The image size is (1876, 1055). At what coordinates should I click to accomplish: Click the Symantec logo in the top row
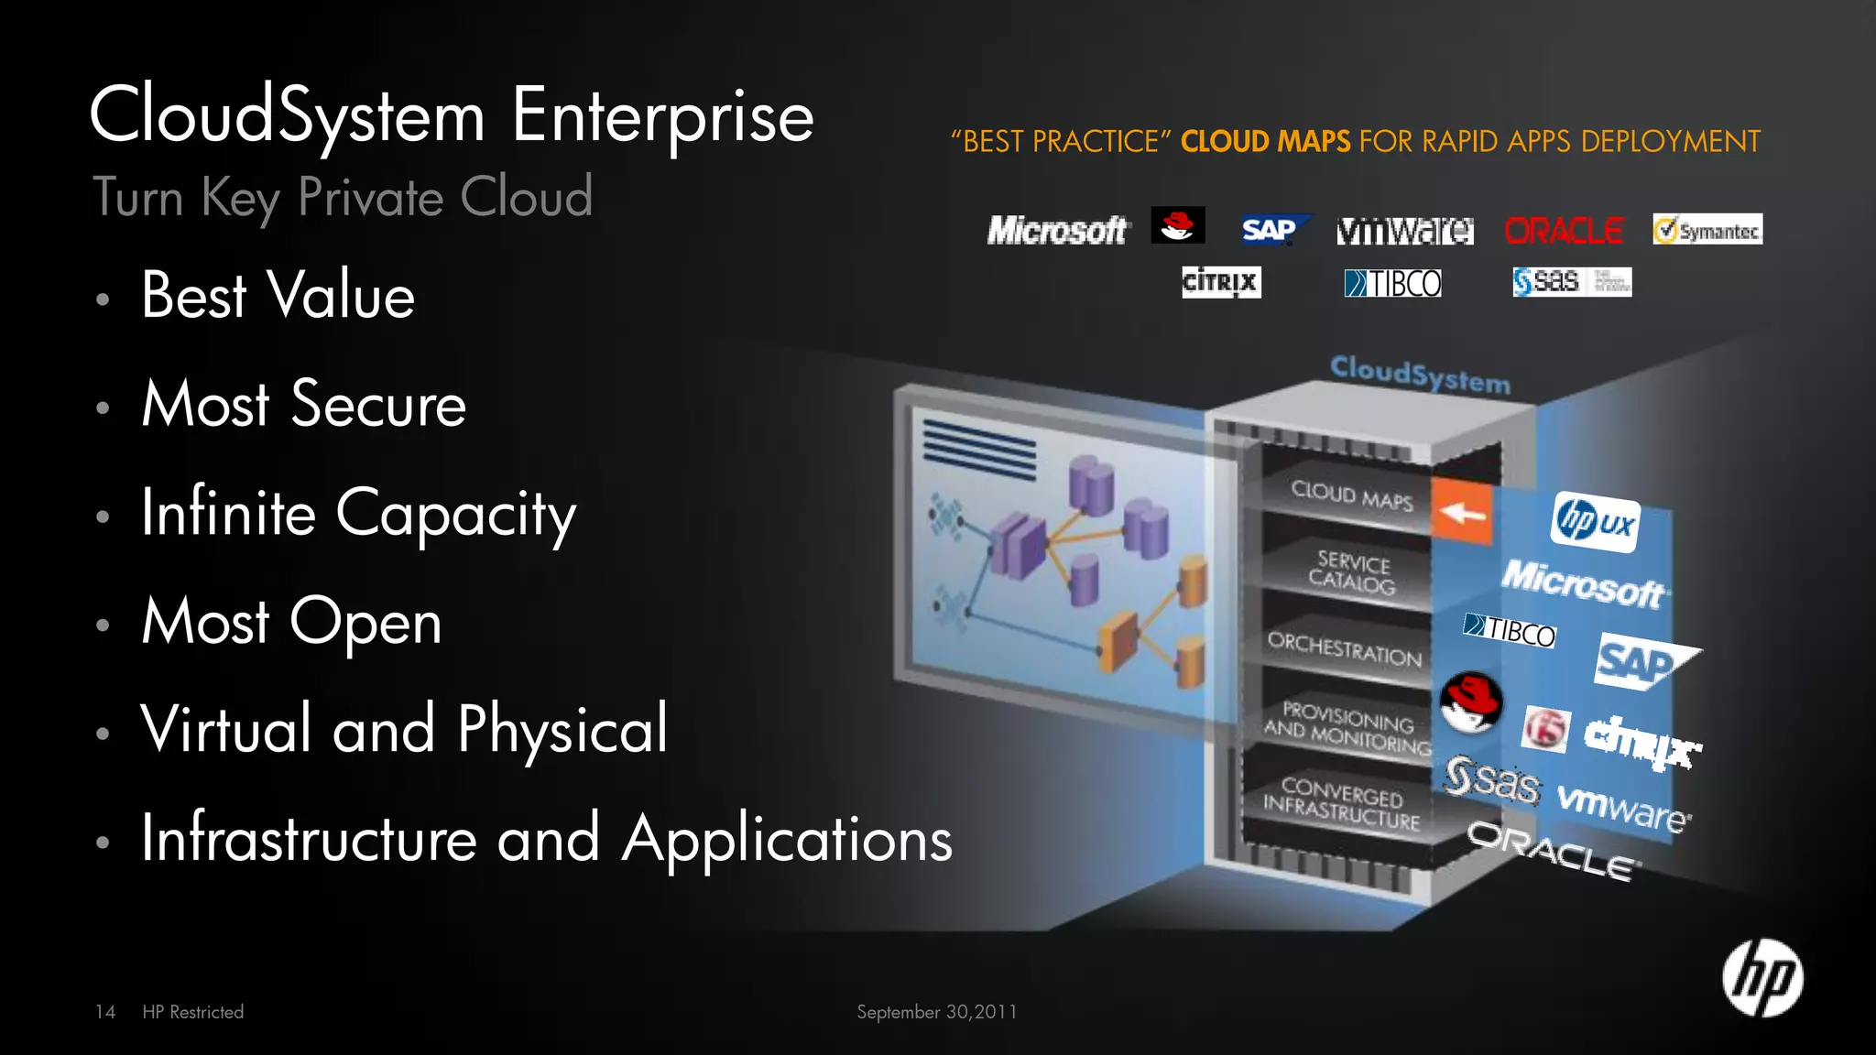point(1707,230)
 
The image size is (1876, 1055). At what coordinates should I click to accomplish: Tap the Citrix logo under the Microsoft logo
point(1221,282)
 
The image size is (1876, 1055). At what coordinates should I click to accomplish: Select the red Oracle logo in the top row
point(1564,231)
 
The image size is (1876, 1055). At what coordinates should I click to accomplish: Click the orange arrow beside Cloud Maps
point(1462,512)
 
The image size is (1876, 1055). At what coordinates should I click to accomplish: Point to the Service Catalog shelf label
point(1352,572)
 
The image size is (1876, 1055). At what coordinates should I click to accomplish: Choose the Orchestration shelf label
point(1344,648)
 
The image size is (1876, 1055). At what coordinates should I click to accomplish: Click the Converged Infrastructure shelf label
point(1342,802)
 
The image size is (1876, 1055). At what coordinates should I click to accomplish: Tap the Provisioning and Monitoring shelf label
point(1347,727)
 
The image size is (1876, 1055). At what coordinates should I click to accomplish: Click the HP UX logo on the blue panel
point(1595,522)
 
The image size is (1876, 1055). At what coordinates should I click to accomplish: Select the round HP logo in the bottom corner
point(1761,978)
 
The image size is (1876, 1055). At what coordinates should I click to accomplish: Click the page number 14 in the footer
point(105,1012)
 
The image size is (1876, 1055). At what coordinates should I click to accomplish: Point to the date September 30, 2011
point(936,1012)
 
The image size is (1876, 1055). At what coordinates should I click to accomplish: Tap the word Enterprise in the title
point(662,116)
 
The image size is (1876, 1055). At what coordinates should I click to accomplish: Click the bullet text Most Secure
point(304,404)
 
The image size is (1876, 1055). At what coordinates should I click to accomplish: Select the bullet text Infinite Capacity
point(358,514)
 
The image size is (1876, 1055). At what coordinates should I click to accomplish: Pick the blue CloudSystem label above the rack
point(1420,375)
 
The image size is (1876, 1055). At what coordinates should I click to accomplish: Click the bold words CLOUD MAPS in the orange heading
point(1265,142)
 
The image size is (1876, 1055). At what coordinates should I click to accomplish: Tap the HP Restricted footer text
point(193,1012)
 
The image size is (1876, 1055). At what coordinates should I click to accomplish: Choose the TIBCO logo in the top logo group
point(1392,283)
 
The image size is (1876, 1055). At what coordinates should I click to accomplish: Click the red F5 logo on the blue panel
point(1545,729)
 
